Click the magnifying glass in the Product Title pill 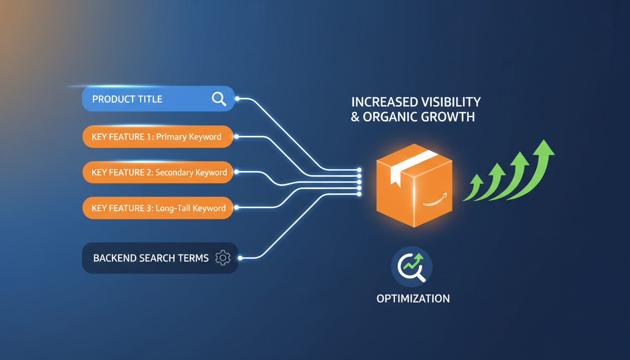pyautogui.click(x=219, y=99)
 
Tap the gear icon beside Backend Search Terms pyautogui.click(x=223, y=258)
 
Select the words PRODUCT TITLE pyautogui.click(x=127, y=99)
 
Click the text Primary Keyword pyautogui.click(x=188, y=137)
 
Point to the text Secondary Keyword pyautogui.click(x=191, y=172)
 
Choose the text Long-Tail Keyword pyautogui.click(x=191, y=208)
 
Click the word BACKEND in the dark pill pyautogui.click(x=114, y=258)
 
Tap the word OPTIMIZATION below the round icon pyautogui.click(x=413, y=299)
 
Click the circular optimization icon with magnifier pyautogui.click(x=412, y=267)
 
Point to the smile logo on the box pyautogui.click(x=434, y=200)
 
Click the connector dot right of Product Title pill pyautogui.click(x=237, y=99)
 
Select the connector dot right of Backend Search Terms pyautogui.click(x=240, y=258)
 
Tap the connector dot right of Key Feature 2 pyautogui.click(x=236, y=172)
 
